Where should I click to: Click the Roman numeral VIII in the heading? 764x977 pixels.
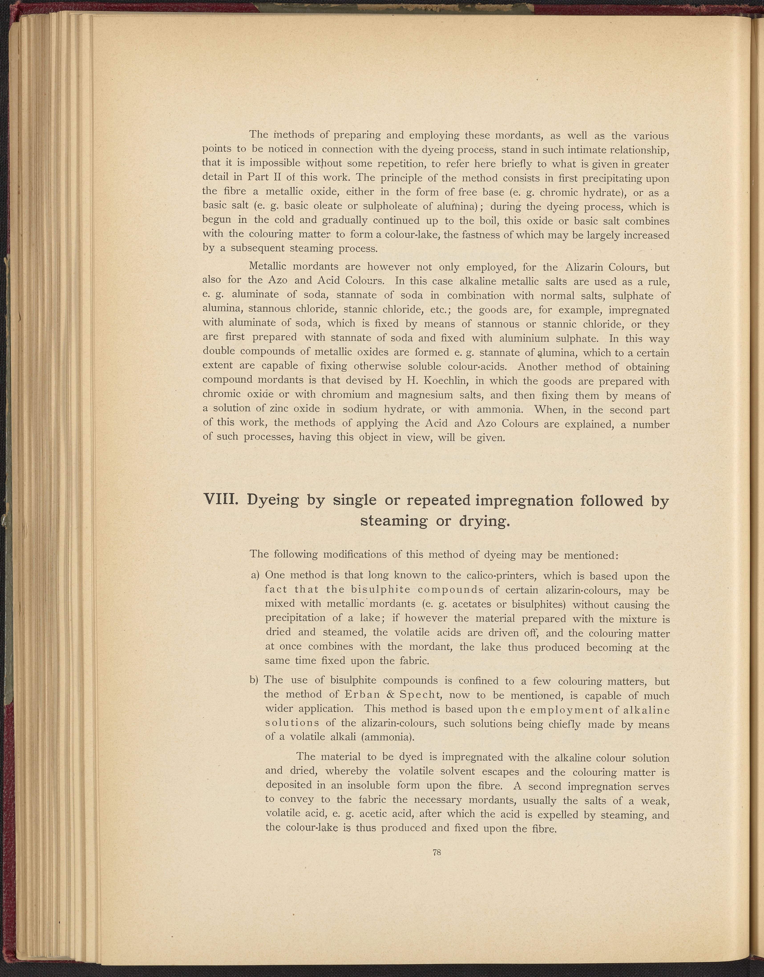pos(219,500)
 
